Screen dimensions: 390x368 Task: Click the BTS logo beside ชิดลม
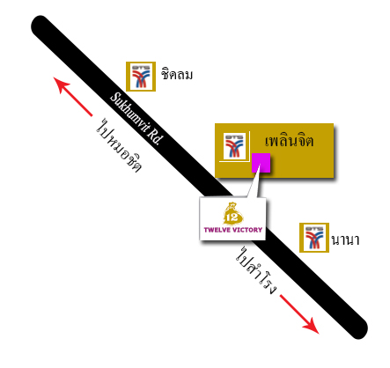coord(141,77)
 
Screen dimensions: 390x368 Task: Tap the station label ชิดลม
coord(177,74)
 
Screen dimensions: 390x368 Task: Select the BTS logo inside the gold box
coord(234,146)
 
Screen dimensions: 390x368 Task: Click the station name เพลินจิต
coord(289,140)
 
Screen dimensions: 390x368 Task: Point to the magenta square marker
coord(261,163)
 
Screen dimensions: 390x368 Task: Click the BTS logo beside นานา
coord(314,238)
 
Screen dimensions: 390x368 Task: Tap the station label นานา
coord(345,239)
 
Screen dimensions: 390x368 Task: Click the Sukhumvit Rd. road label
coord(136,119)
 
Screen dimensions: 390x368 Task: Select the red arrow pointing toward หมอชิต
coord(72,96)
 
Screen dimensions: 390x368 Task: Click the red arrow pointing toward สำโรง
coord(299,314)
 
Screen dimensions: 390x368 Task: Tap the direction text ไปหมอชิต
coord(119,145)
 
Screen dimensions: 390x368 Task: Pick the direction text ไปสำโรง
coord(256,270)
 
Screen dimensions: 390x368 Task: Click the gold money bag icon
coord(233,213)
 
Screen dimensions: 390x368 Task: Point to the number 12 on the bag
coord(232,217)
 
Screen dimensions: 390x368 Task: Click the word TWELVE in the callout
coord(217,230)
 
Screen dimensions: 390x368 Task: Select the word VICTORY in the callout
coord(247,230)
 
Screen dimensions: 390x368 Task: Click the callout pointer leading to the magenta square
coord(254,183)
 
